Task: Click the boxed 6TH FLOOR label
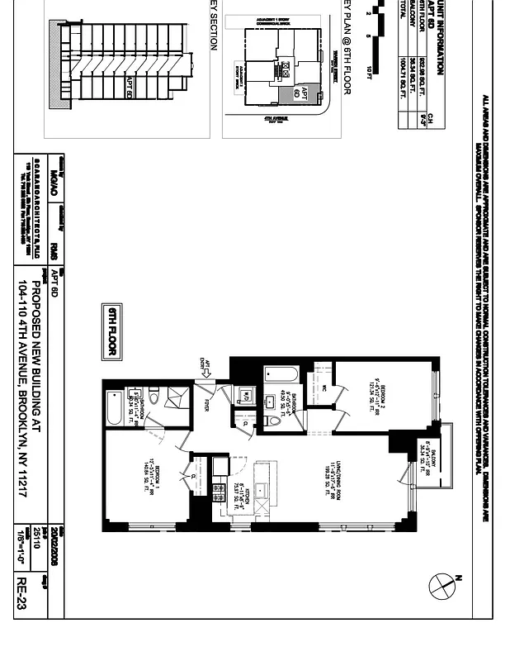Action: click(x=111, y=332)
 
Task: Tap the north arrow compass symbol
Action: click(x=443, y=586)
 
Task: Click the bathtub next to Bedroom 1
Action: click(x=114, y=407)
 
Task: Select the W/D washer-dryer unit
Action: click(x=245, y=395)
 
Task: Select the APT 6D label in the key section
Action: click(x=130, y=87)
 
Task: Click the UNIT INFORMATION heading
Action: click(x=441, y=37)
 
